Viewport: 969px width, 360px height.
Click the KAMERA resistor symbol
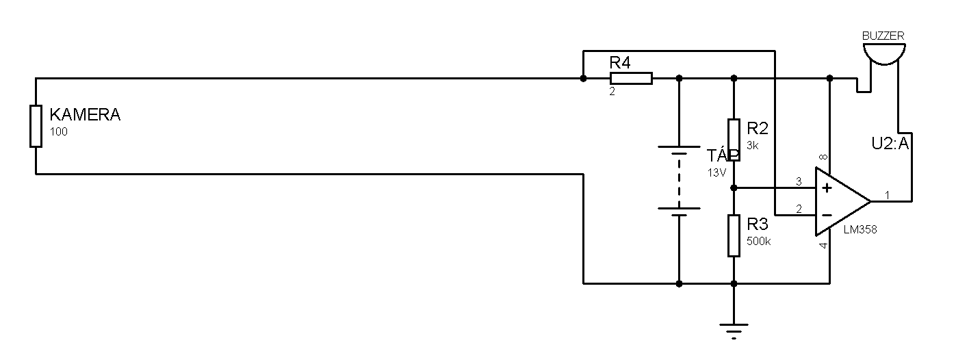click(x=36, y=127)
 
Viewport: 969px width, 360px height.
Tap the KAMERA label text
click(x=86, y=115)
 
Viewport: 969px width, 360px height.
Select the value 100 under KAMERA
click(x=58, y=132)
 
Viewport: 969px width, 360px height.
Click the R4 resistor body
click(x=631, y=78)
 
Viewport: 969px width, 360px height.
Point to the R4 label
click(x=620, y=63)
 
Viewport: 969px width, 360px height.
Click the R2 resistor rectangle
click(x=734, y=140)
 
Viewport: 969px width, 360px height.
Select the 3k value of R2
click(x=753, y=146)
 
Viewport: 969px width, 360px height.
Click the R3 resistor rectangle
click(x=734, y=235)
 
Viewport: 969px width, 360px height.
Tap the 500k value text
click(x=759, y=242)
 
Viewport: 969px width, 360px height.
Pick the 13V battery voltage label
click(x=716, y=173)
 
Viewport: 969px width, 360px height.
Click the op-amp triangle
click(x=843, y=201)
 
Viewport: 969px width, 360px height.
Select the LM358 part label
click(x=860, y=230)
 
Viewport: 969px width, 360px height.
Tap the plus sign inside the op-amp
click(x=827, y=188)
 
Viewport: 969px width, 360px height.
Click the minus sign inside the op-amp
click(x=827, y=215)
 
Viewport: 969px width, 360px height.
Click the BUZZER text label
click(x=883, y=36)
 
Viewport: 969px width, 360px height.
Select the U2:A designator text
click(x=890, y=144)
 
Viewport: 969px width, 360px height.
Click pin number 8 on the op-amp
click(x=823, y=157)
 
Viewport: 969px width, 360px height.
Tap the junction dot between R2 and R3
click(x=734, y=188)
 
